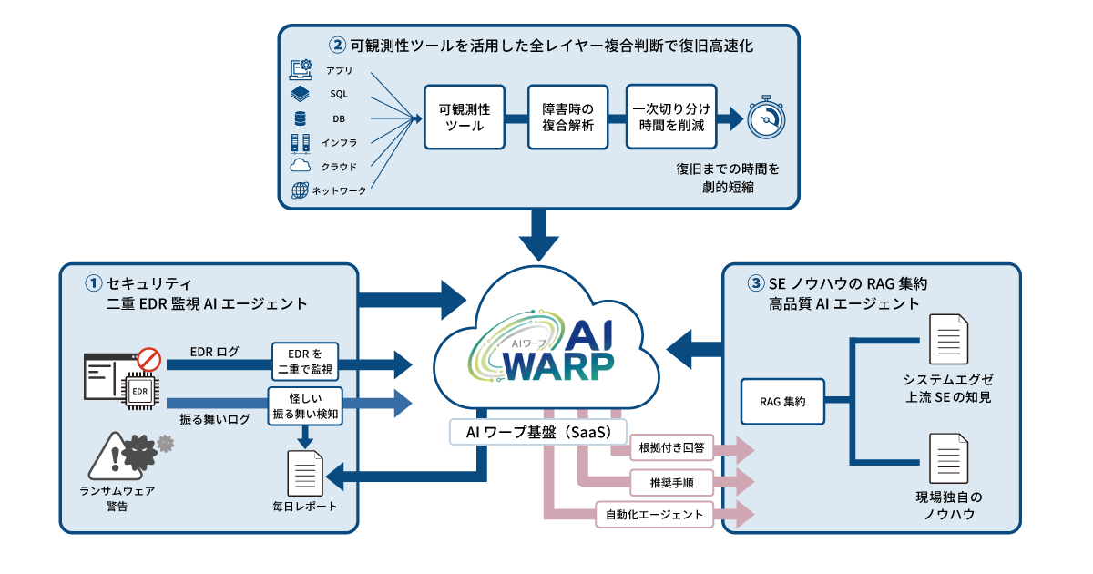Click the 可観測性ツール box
click(465, 117)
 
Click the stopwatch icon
click(766, 118)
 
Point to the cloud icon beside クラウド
click(301, 166)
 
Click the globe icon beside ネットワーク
click(301, 190)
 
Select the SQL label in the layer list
click(339, 94)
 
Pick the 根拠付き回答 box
click(673, 448)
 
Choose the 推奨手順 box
click(673, 480)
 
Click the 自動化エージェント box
click(654, 514)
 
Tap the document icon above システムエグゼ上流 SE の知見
click(948, 339)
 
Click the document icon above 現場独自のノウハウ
click(948, 458)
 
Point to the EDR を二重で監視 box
click(305, 361)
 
